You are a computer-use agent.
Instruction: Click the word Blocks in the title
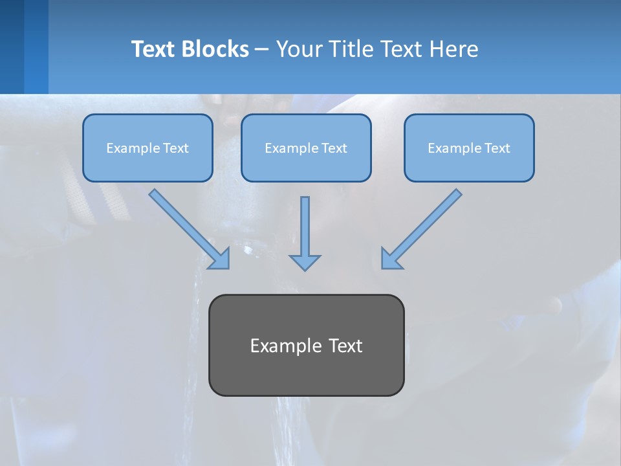point(215,49)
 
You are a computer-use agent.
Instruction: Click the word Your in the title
point(297,49)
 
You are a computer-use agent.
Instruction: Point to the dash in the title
point(262,50)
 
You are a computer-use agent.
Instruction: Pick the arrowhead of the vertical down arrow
point(305,262)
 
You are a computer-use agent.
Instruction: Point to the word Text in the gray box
point(345,346)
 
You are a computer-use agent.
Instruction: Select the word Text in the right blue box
point(497,148)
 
